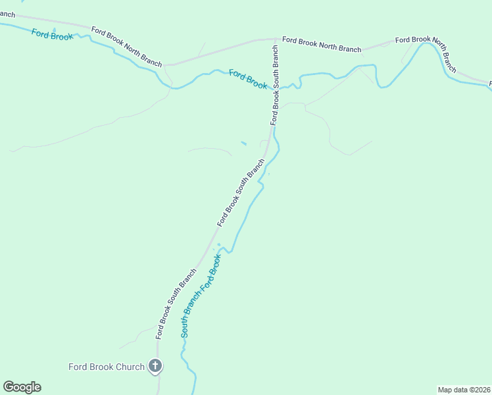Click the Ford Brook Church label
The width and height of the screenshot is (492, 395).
pyautogui.click(x=107, y=367)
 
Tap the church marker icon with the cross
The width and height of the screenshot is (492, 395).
pyautogui.click(x=155, y=366)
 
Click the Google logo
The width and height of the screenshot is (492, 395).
pyautogui.click(x=22, y=387)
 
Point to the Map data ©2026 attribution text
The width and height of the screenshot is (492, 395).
pyautogui.click(x=464, y=390)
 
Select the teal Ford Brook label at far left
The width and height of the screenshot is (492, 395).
pyautogui.click(x=52, y=35)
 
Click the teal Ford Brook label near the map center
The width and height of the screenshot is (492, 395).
pyautogui.click(x=249, y=79)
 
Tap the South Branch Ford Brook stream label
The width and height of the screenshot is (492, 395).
pyautogui.click(x=201, y=296)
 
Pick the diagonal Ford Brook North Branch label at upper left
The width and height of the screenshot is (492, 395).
pyautogui.click(x=126, y=46)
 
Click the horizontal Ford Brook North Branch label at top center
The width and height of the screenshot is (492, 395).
pyautogui.click(x=322, y=44)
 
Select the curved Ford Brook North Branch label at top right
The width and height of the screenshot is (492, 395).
pyautogui.click(x=426, y=47)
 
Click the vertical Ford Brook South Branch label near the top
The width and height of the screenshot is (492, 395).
pyautogui.click(x=276, y=85)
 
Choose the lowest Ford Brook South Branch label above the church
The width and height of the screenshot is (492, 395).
pyautogui.click(x=176, y=303)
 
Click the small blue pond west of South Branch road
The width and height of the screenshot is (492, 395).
pyautogui.click(x=244, y=143)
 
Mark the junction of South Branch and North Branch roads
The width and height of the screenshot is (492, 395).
pyautogui.click(x=276, y=39)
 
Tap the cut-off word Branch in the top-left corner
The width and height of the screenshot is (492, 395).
pyautogui.click(x=7, y=14)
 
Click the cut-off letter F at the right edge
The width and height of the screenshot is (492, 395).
pyautogui.click(x=490, y=83)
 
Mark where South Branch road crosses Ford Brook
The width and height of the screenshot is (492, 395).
pyautogui.click(x=275, y=90)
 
